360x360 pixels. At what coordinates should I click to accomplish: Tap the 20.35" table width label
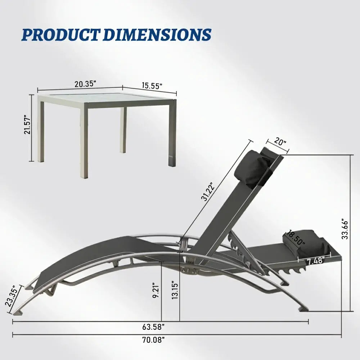pos(85,84)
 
